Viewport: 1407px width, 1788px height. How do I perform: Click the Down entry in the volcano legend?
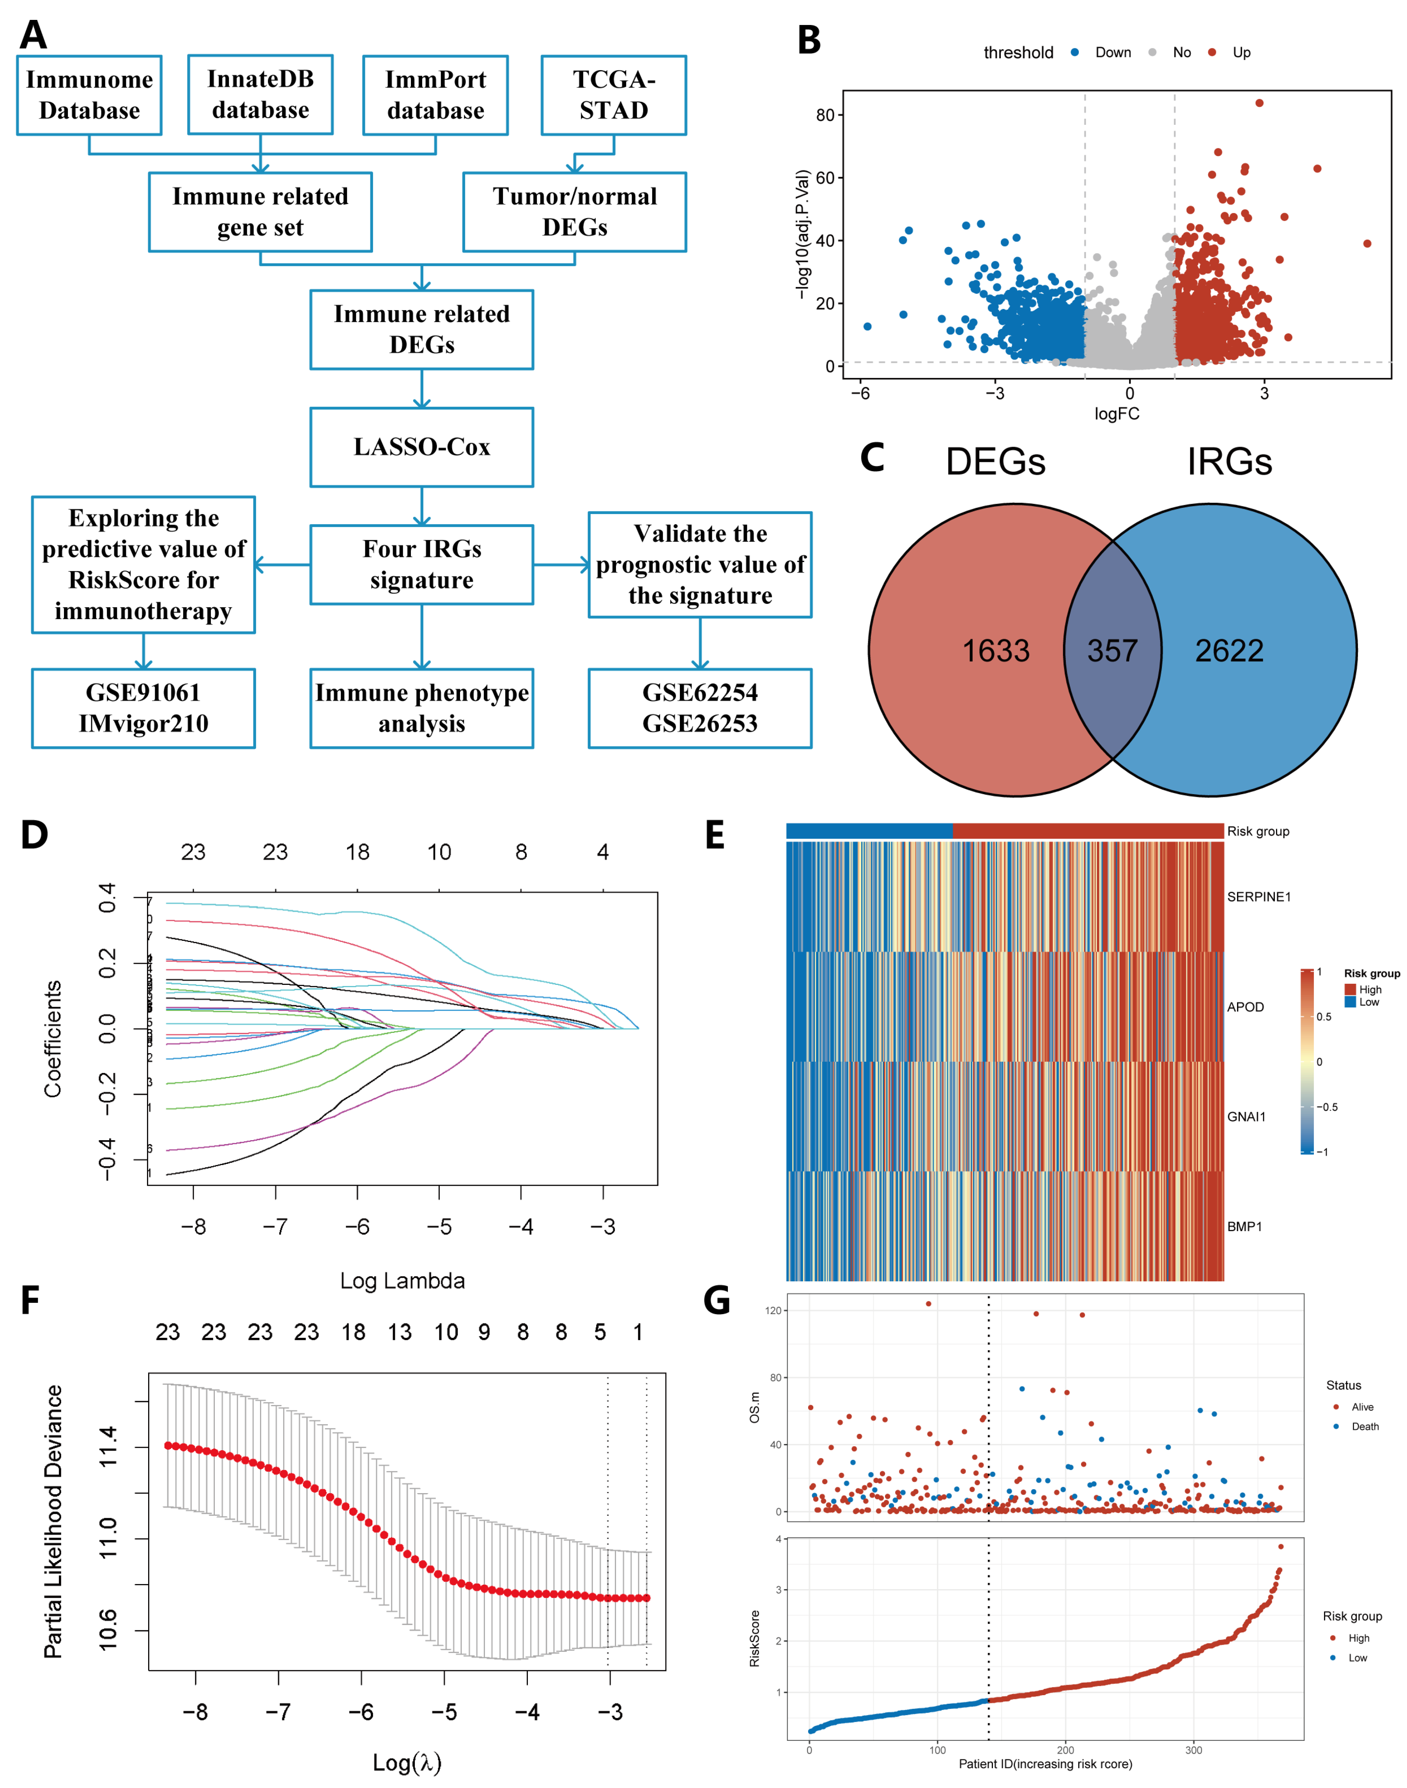point(1112,53)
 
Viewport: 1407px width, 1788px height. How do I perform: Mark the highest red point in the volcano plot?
point(1259,103)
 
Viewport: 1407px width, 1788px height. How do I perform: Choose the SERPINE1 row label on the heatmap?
point(1258,896)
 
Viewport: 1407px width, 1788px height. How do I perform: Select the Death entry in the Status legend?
point(1364,1426)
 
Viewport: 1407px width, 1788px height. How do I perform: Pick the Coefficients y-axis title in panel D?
point(53,1038)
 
